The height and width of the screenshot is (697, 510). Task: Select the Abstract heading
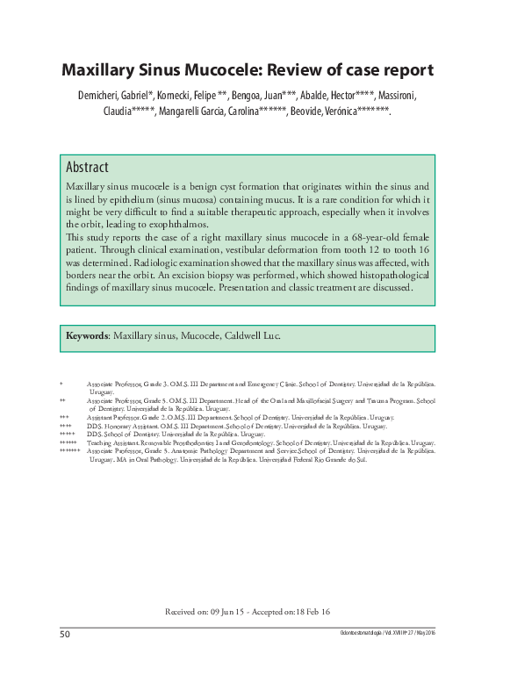pos(87,167)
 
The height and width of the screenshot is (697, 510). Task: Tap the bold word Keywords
pos(87,335)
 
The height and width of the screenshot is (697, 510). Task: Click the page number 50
pos(65,634)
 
